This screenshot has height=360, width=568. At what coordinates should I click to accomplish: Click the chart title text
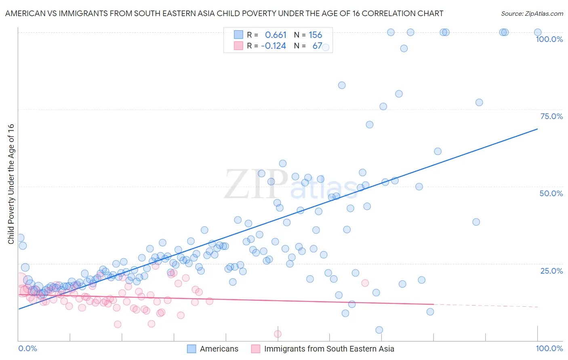[224, 13]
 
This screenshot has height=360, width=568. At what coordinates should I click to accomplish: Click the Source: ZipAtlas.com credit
[532, 13]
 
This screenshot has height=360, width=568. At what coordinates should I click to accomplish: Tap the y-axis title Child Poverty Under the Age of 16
[11, 184]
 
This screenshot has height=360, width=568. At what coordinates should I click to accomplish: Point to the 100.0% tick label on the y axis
[549, 39]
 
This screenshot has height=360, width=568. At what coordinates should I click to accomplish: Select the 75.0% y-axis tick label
[551, 116]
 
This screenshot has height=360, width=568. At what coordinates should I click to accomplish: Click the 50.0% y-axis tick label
[551, 193]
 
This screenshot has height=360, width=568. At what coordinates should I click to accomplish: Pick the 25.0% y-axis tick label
[551, 271]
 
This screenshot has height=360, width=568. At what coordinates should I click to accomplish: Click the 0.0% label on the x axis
[27, 348]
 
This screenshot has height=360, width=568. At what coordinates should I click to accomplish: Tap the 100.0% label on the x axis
[549, 348]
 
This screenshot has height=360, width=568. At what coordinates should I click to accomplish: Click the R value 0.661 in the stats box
[276, 35]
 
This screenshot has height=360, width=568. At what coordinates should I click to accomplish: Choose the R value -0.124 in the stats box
[273, 46]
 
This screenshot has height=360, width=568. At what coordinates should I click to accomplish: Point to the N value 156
[315, 35]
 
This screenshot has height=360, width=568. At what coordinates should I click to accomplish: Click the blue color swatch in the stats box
[239, 35]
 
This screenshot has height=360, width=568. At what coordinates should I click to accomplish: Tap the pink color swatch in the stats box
[239, 46]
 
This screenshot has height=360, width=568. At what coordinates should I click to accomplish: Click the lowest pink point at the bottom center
[278, 334]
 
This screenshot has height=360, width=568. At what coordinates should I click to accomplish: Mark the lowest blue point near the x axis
[379, 330]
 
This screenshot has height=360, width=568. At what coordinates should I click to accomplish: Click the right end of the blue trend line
[537, 129]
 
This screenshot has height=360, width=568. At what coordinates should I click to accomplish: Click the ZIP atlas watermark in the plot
[291, 185]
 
